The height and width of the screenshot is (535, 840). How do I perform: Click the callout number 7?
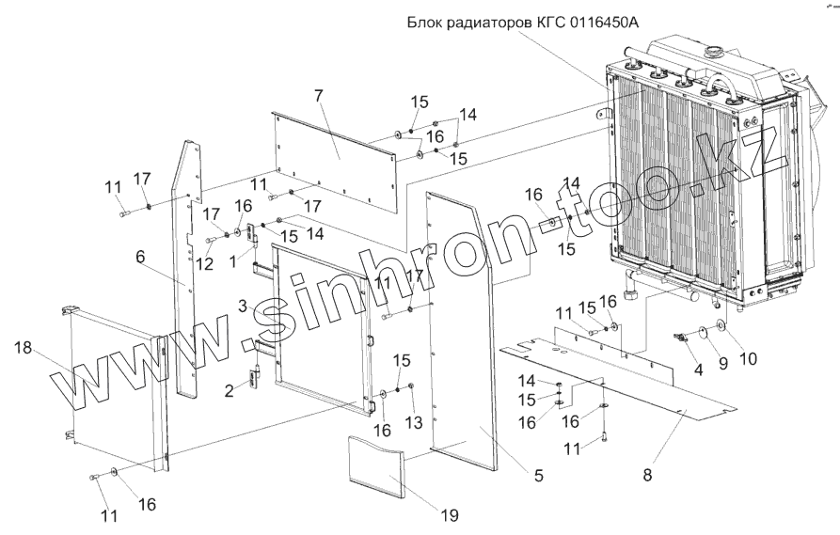319,98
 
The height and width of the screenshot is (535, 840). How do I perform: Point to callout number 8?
647,476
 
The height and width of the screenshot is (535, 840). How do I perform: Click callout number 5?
538,476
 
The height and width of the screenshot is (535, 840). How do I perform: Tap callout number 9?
722,361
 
